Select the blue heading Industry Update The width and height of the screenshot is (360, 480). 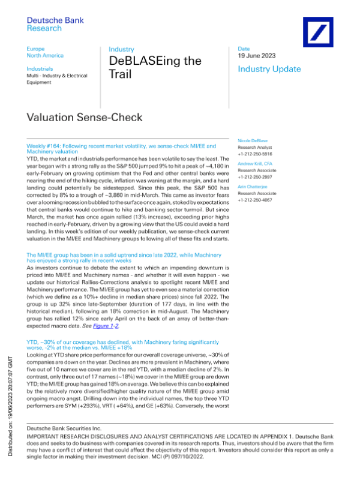[x=269, y=69]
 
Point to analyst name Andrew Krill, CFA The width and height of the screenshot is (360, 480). [x=258, y=163]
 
